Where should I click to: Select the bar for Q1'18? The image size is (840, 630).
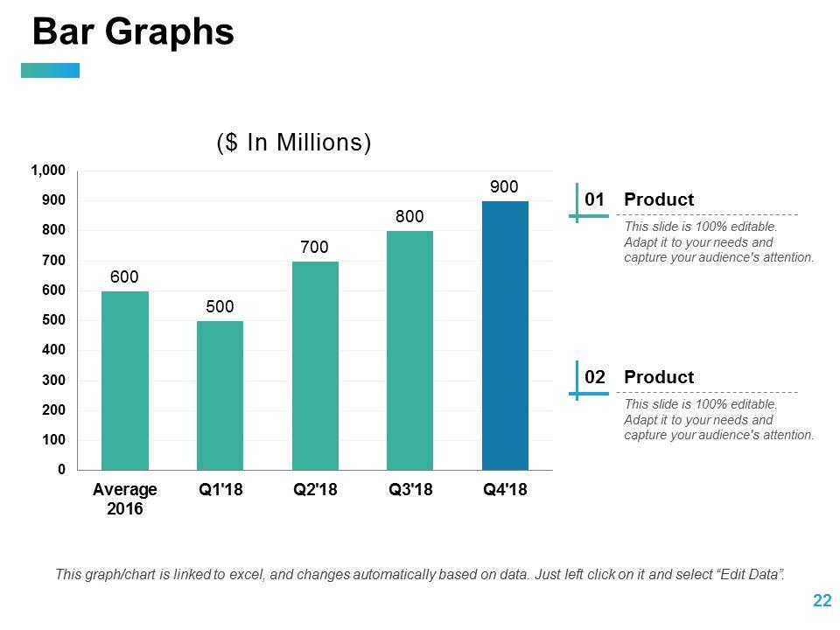(x=220, y=395)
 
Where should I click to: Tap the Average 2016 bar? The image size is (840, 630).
(x=124, y=381)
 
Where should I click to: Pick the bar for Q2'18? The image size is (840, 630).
(x=315, y=366)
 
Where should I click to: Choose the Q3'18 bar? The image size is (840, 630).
(x=409, y=350)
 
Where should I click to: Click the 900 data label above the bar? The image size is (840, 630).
(x=504, y=186)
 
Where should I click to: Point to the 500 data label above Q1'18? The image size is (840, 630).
(x=220, y=306)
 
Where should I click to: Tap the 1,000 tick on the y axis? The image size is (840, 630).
(x=48, y=171)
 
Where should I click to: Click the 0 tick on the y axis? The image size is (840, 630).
(x=61, y=470)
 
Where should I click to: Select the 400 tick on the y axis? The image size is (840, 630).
(x=53, y=350)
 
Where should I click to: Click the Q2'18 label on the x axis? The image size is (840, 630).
(x=315, y=490)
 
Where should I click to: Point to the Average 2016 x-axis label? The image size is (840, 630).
(x=124, y=499)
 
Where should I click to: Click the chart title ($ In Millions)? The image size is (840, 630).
(x=294, y=143)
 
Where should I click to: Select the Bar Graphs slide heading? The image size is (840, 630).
(x=133, y=32)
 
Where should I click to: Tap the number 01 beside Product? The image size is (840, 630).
(x=595, y=199)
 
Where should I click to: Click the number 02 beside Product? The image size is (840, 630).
(x=595, y=377)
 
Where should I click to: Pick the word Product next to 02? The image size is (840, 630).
(x=659, y=377)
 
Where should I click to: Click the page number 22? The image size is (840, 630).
(x=822, y=600)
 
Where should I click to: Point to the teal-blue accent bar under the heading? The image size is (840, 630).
(x=50, y=70)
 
